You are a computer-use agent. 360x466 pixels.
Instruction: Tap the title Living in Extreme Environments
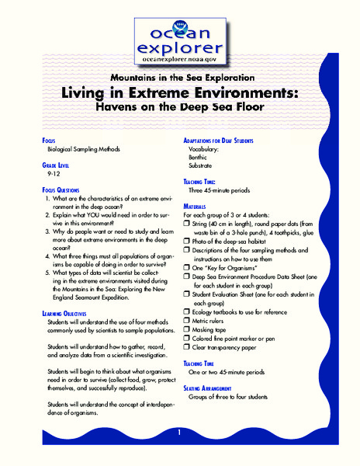[179, 93]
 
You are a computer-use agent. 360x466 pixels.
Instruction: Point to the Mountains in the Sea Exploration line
[179, 78]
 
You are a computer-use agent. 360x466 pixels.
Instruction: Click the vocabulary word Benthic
[199, 158]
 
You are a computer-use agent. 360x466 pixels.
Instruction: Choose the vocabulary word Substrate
[202, 166]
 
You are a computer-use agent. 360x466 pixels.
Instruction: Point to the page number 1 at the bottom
[179, 432]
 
